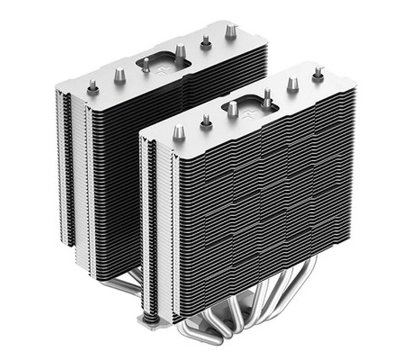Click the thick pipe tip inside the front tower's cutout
point(231,109)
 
